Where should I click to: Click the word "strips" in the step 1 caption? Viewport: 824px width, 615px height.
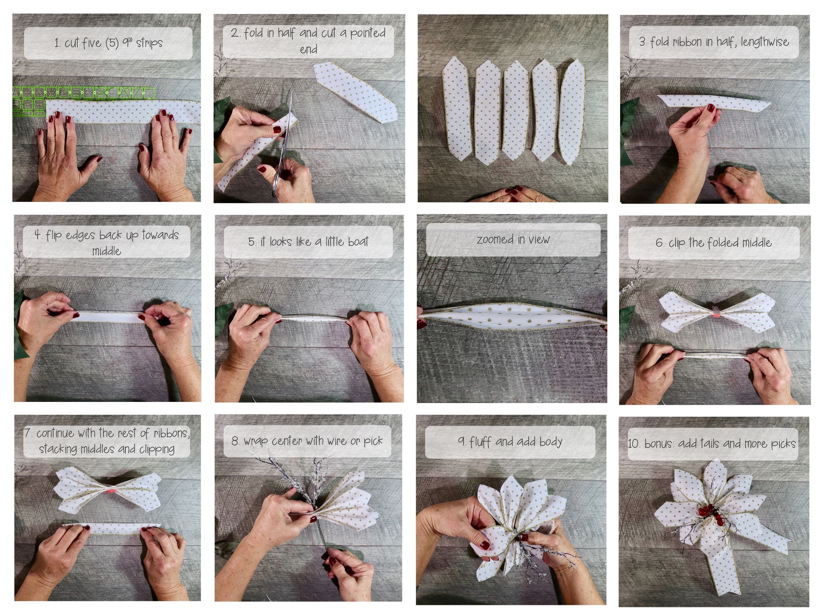(149, 43)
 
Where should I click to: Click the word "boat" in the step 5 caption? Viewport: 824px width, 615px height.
(357, 241)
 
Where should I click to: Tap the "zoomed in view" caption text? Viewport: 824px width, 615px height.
(513, 239)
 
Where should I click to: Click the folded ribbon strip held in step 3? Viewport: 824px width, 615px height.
(713, 102)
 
